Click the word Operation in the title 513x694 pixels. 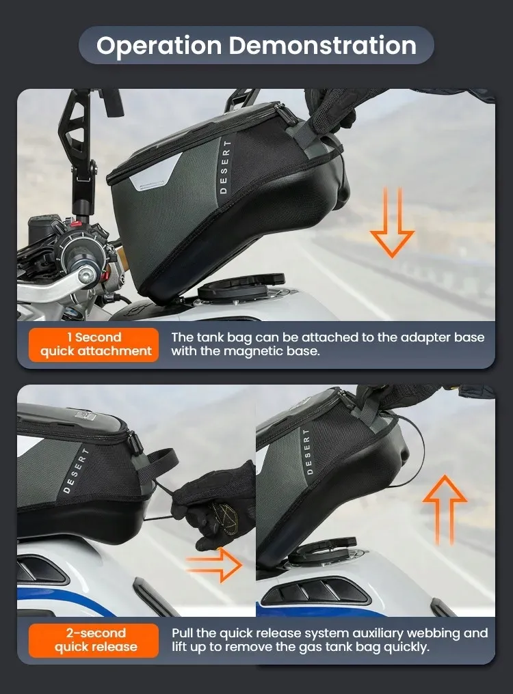pyautogui.click(x=159, y=46)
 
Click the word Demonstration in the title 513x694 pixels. pyautogui.click(x=322, y=46)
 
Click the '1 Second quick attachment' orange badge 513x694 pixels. pyautogui.click(x=94, y=344)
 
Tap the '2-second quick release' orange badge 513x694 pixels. pyautogui.click(x=94, y=639)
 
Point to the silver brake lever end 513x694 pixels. pyautogui.click(x=86, y=275)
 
